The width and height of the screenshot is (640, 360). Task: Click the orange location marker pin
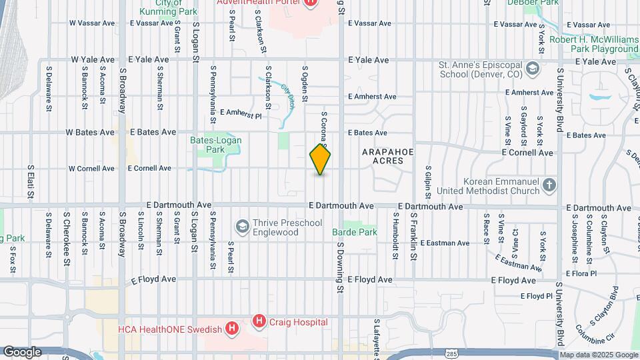(x=321, y=159)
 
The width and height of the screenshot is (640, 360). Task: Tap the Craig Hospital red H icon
(x=259, y=322)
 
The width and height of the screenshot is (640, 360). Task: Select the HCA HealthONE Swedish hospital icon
(x=231, y=329)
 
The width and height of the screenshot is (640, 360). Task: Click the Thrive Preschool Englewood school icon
(x=242, y=227)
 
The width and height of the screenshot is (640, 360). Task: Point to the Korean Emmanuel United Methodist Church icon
(x=549, y=185)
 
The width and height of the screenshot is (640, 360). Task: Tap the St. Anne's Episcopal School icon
(x=532, y=69)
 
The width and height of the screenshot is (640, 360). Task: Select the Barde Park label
(x=355, y=233)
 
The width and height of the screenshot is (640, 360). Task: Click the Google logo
(x=22, y=352)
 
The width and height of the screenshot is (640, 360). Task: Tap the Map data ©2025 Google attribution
(x=599, y=355)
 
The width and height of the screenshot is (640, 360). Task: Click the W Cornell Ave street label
(x=91, y=169)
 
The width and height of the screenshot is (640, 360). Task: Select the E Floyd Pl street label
(x=537, y=295)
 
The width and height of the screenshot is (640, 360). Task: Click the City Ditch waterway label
(x=288, y=96)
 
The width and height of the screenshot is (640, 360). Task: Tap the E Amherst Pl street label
(x=241, y=114)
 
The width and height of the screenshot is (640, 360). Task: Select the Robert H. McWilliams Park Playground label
(x=594, y=44)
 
